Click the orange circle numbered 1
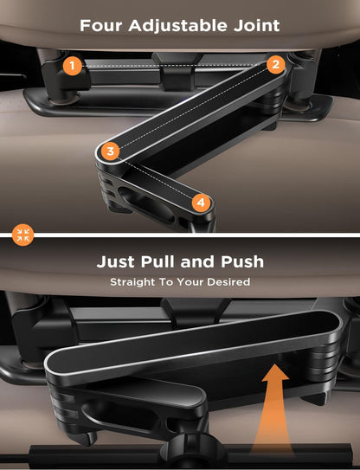coord(72,66)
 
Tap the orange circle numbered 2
coord(276,64)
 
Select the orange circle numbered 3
coord(110,151)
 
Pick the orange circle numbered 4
coord(201,203)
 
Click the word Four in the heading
coord(100,25)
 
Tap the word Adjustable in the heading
coord(178,26)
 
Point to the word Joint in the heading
coord(257,25)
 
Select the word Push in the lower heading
coord(242,261)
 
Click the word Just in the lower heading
coord(116,262)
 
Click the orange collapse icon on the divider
coord(22,235)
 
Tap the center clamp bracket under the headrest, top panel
coord(177,71)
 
